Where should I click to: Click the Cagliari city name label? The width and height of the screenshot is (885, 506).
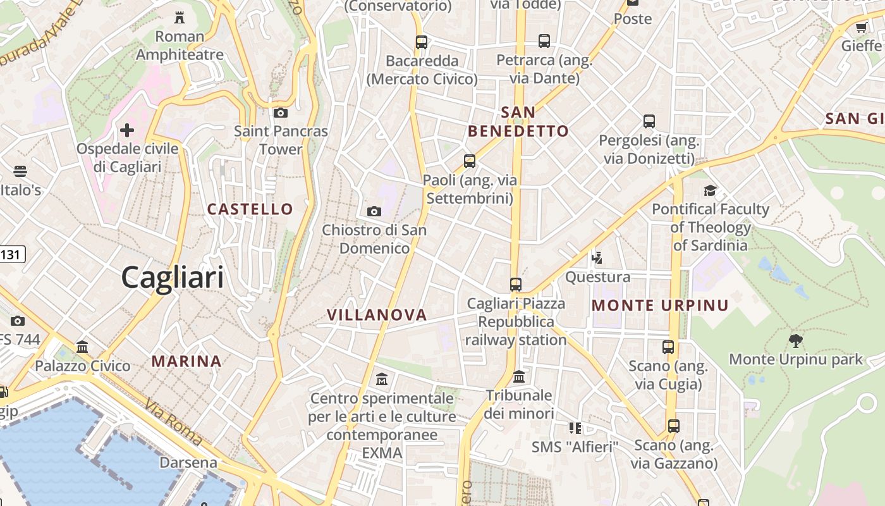172,278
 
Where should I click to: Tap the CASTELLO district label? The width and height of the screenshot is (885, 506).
250,209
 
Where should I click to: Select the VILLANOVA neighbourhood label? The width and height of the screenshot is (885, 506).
377,315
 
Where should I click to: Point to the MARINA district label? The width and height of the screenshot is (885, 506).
186,362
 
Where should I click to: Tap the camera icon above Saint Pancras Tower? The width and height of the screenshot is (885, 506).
281,113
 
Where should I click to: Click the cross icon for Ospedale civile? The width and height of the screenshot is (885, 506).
127,131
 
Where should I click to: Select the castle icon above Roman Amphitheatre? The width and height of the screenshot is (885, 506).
180,18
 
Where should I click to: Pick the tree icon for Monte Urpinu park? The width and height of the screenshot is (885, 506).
796,341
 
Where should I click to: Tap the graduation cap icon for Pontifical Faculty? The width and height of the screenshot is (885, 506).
711,190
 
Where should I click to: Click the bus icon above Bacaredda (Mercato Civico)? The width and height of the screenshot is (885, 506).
422,42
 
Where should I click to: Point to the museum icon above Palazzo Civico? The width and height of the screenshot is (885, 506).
82,347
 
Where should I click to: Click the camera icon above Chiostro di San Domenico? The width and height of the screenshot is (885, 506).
374,211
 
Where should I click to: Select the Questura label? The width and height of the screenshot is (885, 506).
597,277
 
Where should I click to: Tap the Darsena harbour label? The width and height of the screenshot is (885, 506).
188,462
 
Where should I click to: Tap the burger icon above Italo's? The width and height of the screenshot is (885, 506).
20,171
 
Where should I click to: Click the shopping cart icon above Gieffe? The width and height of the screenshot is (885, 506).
861,27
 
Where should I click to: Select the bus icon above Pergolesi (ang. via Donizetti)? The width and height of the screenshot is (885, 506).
649,121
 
